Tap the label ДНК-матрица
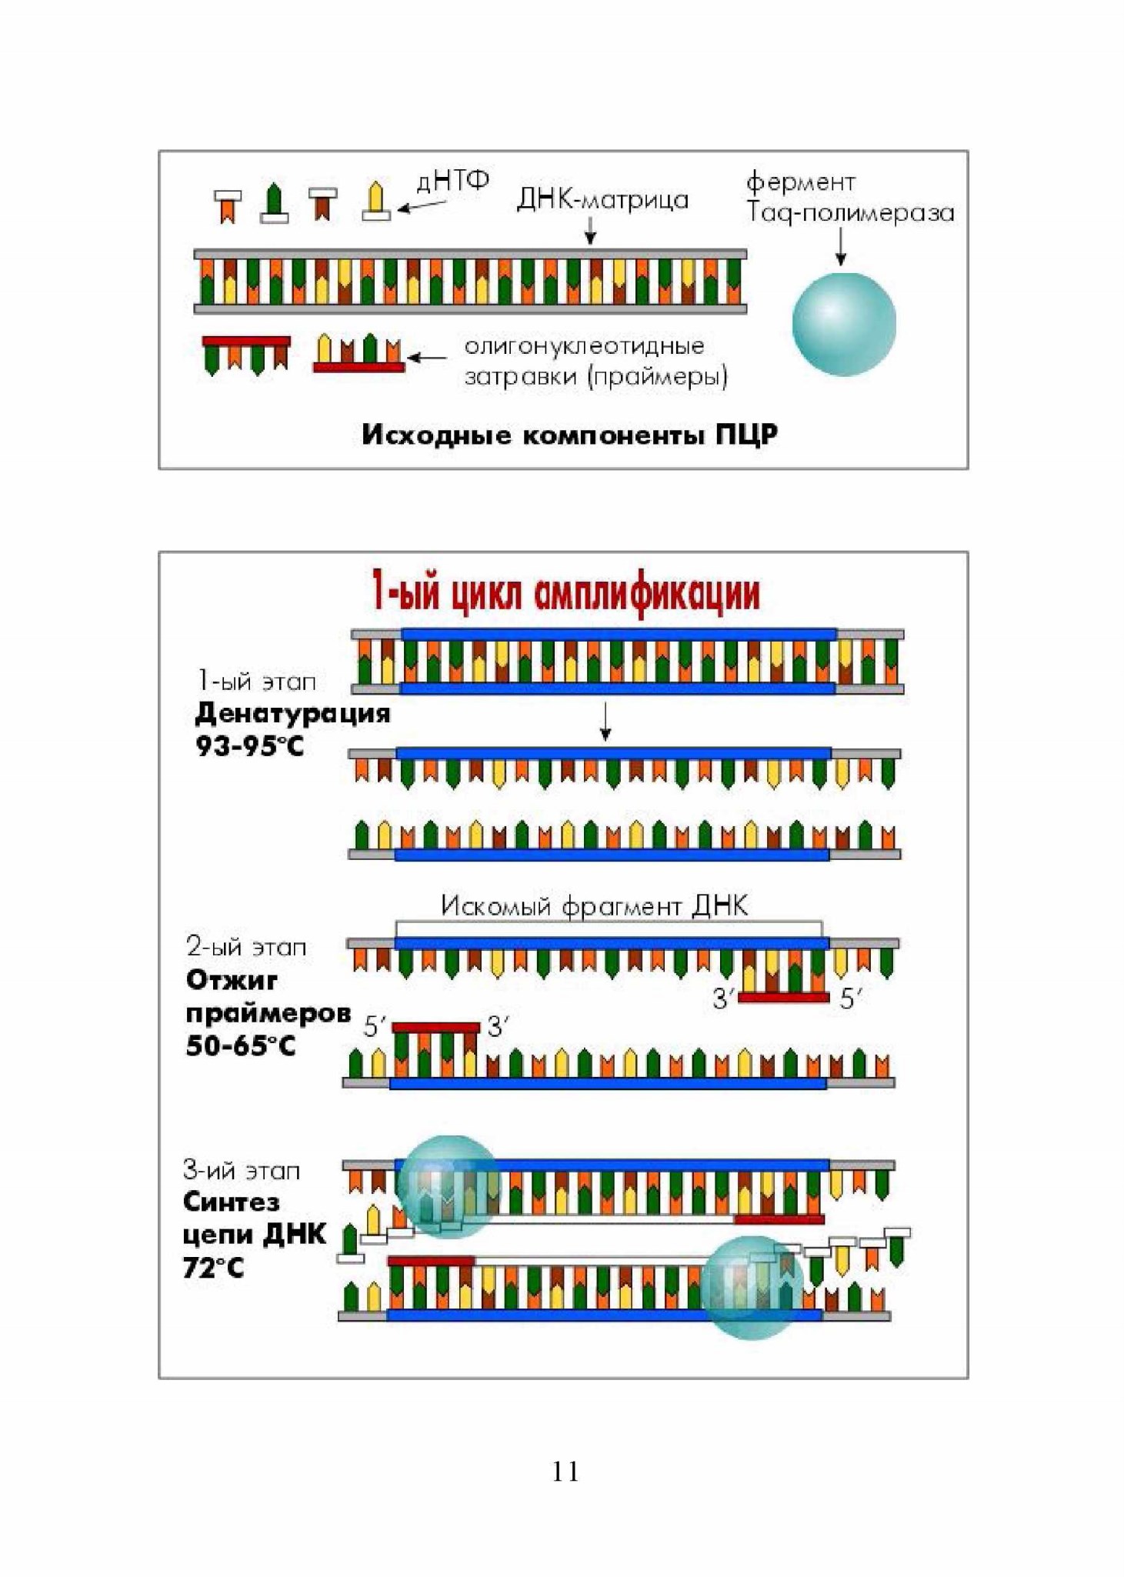point(602,200)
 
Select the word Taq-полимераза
point(851,213)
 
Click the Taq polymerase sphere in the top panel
point(844,324)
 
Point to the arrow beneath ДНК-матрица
point(590,230)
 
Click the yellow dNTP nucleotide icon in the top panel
point(376,201)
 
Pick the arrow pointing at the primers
point(428,358)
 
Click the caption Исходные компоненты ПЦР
point(569,435)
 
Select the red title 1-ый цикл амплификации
point(566,592)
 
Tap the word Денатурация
point(292,714)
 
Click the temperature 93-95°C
point(250,745)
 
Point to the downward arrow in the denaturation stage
point(605,722)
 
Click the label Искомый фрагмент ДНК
point(594,905)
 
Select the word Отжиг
point(232,981)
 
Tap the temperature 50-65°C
point(241,1045)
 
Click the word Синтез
point(231,1202)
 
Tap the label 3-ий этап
point(242,1171)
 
